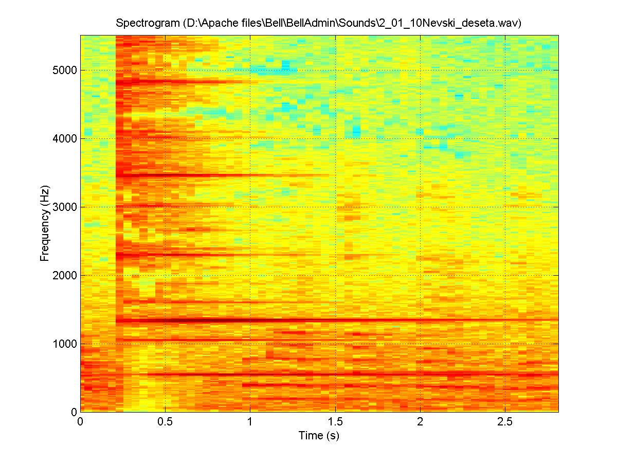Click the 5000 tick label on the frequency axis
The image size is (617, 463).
coord(65,70)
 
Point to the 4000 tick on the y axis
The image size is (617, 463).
coord(65,139)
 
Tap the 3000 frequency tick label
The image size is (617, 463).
coord(65,207)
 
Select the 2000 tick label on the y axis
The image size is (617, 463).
coord(65,276)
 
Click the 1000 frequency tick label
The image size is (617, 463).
coord(65,344)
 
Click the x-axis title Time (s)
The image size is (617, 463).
coord(319,436)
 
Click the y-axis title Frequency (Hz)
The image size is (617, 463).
coord(45,223)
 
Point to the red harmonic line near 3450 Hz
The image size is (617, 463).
coord(206,175)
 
